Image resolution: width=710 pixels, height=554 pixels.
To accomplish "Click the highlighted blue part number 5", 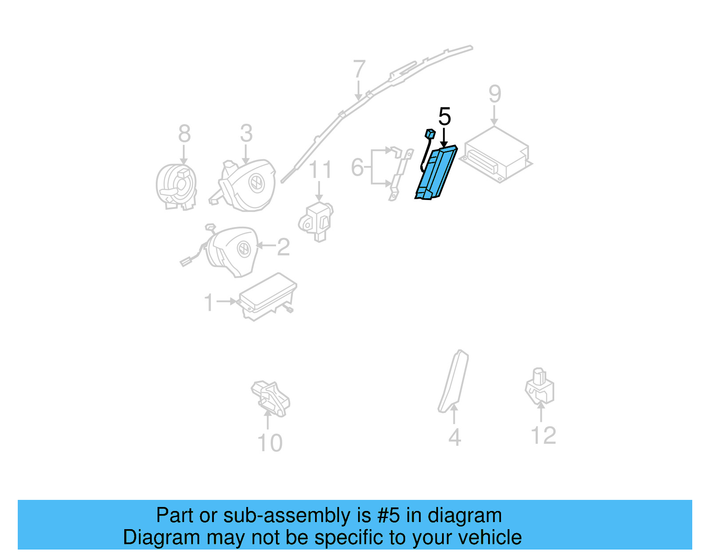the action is pyautogui.click(x=437, y=173).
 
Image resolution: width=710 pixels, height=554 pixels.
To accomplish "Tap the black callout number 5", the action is pyautogui.click(x=444, y=116).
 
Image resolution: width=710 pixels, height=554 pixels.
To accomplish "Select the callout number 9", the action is pyautogui.click(x=495, y=94).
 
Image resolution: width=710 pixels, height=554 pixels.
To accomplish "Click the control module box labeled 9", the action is pyautogui.click(x=496, y=154).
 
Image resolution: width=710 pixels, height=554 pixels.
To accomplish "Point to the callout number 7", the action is pyautogui.click(x=359, y=69).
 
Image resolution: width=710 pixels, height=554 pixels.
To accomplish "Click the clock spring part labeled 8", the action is pyautogui.click(x=177, y=187).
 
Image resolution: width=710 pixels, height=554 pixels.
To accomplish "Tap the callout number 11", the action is pyautogui.click(x=320, y=169).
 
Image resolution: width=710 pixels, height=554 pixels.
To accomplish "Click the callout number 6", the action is pyautogui.click(x=357, y=167).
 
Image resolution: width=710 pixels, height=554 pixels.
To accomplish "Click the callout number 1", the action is pyautogui.click(x=209, y=302).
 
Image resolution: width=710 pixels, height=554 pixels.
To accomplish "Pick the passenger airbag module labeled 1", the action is pyautogui.click(x=267, y=297).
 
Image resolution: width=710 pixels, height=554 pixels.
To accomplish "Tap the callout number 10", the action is pyautogui.click(x=270, y=443).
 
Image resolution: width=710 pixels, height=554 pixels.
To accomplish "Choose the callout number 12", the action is pyautogui.click(x=544, y=435).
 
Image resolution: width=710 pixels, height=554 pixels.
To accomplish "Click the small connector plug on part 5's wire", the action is pyautogui.click(x=430, y=134).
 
